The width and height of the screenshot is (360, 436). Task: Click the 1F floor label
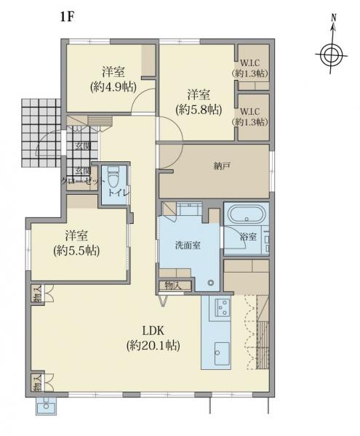pos(66,17)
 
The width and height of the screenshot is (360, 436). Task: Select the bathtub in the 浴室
pos(246,214)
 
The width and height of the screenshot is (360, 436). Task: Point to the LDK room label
pos(153,331)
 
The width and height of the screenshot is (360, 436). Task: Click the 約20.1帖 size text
pos(153,346)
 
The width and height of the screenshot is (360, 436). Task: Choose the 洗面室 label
pos(188,246)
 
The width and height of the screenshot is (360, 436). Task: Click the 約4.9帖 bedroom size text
pos(113,87)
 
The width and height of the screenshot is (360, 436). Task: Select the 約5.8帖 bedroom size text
pos(199,110)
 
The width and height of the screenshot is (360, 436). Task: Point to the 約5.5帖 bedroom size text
pos(76,251)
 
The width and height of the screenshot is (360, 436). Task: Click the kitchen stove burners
pos(223,307)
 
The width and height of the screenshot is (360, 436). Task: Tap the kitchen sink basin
pos(222,353)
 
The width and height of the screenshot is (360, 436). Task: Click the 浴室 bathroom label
pos(248,237)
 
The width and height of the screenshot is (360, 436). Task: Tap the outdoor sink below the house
pos(47,406)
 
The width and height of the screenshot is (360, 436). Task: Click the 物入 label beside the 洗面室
pos(173,286)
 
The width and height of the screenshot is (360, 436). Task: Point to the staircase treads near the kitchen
pos(263,344)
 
